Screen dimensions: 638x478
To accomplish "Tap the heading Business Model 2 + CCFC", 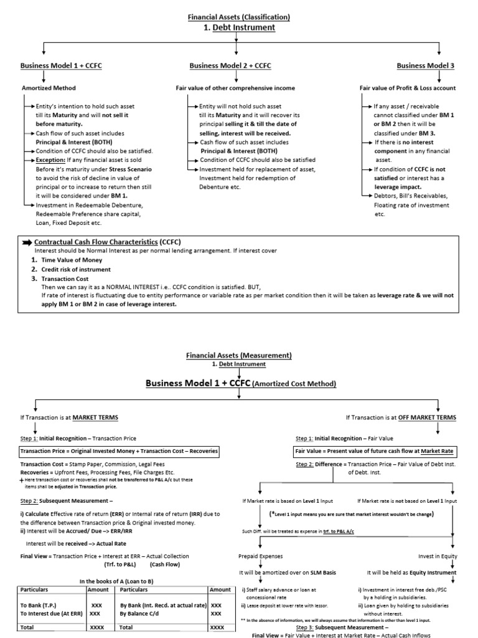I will click(x=230, y=65).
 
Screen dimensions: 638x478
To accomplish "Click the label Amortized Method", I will click(x=48, y=88).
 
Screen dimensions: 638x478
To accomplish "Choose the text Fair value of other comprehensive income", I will click(x=235, y=88).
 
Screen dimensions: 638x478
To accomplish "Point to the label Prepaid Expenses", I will click(x=260, y=556).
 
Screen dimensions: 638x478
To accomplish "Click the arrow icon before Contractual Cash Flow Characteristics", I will click(x=27, y=242).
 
